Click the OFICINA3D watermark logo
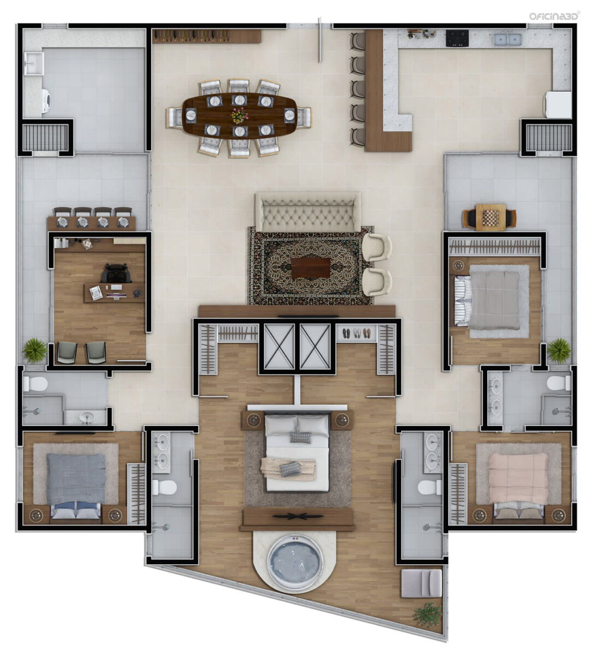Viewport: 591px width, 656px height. [x=550, y=16]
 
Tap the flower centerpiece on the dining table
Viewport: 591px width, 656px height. [x=240, y=115]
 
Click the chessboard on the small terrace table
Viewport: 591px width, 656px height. [x=490, y=215]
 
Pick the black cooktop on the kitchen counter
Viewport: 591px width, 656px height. [x=457, y=38]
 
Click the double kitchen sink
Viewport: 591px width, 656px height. [x=507, y=39]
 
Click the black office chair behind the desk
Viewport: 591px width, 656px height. [x=116, y=273]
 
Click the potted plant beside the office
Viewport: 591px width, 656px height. [x=34, y=350]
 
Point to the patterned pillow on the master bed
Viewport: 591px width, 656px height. [x=300, y=437]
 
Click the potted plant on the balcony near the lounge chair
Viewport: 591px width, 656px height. [x=426, y=613]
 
